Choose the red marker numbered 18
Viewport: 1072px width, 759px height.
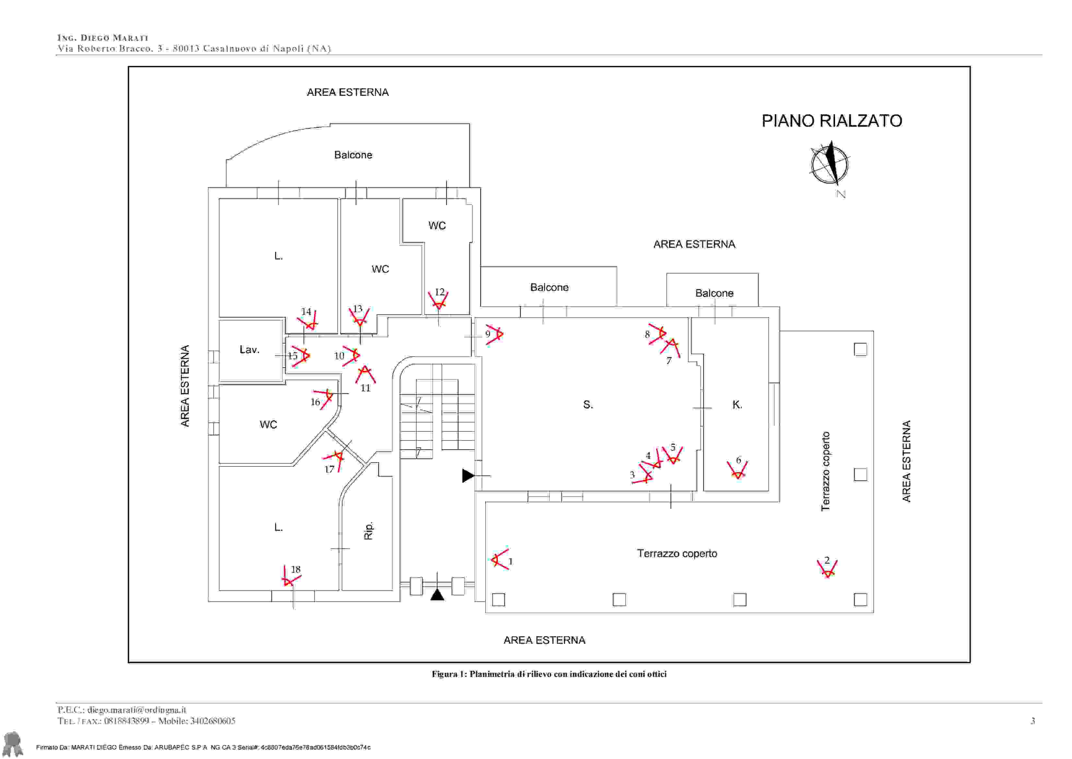tap(291, 576)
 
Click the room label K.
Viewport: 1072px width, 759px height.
tap(737, 405)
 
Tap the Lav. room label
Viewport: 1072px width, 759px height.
tap(249, 349)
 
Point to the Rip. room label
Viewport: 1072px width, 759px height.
tap(368, 531)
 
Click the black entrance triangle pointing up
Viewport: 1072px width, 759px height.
tap(437, 595)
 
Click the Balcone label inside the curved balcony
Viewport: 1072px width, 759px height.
tap(353, 155)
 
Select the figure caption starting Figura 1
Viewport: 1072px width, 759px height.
tap(549, 674)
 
